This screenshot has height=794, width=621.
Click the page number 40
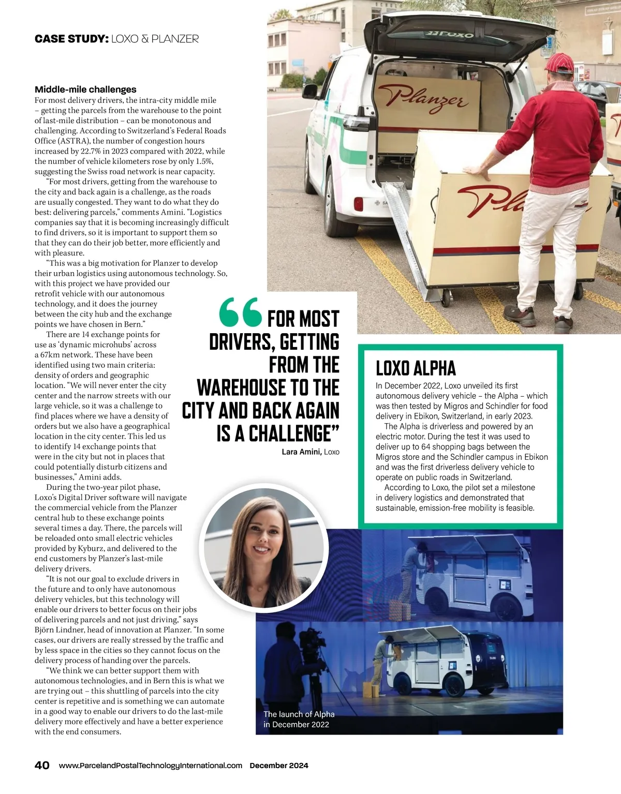click(42, 765)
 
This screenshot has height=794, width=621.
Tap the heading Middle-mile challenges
click(85, 89)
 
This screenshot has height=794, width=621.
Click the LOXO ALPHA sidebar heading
click(416, 368)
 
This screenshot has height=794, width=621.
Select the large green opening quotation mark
click(240, 313)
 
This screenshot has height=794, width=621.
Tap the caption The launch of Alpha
click(299, 714)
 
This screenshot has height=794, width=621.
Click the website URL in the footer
click(151, 766)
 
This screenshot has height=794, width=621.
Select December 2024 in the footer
click(279, 766)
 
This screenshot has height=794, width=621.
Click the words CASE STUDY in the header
click(71, 39)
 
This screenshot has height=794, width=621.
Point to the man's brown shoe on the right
click(563, 324)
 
